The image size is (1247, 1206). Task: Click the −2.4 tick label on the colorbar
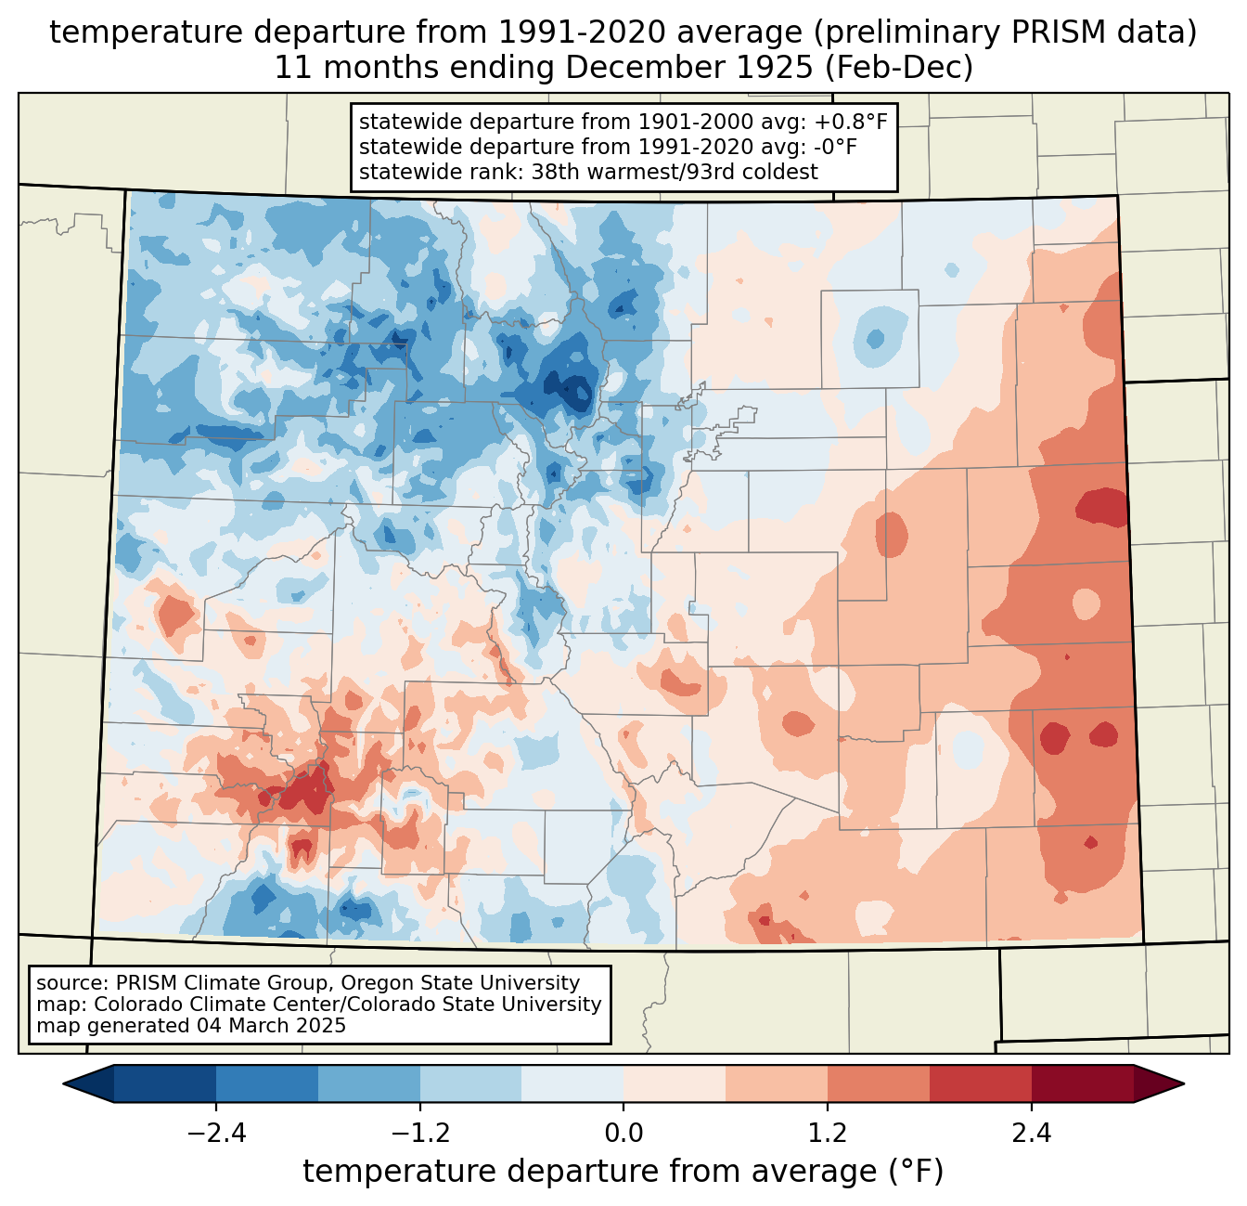click(216, 1134)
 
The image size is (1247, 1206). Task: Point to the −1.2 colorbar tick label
click(420, 1134)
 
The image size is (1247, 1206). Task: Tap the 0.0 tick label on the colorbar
click(623, 1134)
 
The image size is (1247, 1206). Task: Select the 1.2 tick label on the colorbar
click(828, 1134)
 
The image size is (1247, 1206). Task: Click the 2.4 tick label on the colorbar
click(1032, 1134)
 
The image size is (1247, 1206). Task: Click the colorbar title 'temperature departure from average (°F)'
click(623, 1172)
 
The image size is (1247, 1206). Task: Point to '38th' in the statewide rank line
click(557, 172)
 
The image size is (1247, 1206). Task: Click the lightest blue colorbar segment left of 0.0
click(572, 1083)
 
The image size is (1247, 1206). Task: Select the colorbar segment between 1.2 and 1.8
click(879, 1083)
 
